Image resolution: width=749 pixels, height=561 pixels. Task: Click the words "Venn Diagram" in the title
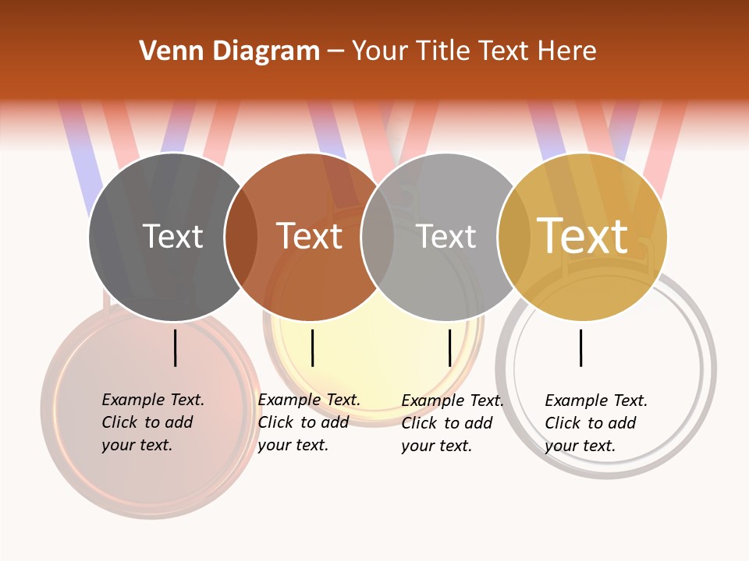229,51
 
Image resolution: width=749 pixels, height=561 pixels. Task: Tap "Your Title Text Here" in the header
474,51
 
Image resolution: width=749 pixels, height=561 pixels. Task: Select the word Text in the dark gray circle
172,236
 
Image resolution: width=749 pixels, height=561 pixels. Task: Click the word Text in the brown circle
310,236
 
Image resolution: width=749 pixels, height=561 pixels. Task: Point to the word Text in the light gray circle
445,236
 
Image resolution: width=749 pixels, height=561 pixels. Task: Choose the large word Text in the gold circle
582,236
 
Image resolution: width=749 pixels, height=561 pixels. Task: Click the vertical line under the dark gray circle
176,348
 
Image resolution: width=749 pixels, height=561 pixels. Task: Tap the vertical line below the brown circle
312,348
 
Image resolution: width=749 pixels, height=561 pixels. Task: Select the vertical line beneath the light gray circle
450,348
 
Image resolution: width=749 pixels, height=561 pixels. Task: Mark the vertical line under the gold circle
581,348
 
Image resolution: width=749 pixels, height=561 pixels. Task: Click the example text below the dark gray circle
153,422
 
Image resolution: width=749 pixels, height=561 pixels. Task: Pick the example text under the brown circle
309,422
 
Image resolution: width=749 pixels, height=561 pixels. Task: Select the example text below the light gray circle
453,423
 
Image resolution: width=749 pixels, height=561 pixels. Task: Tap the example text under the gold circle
596,423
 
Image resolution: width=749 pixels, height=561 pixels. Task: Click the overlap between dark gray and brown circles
241,237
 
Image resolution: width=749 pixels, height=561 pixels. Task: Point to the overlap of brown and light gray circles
378,237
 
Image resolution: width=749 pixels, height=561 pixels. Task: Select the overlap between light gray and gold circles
514,237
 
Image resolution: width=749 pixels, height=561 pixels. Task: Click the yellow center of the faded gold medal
374,343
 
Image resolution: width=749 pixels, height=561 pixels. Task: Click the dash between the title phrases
335,51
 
